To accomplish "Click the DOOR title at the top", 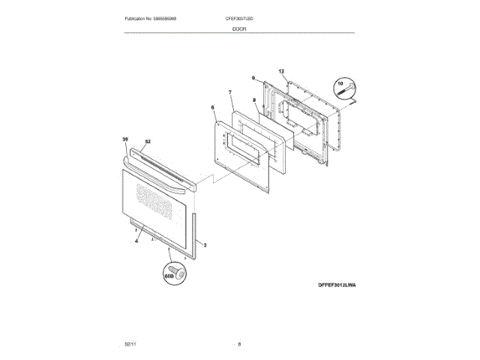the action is coord(239,28).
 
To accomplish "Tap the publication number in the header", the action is coord(156,18).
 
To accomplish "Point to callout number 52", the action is coord(148,142).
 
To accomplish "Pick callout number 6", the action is coord(212,107).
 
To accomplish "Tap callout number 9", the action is coord(253,78).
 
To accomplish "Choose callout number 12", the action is coord(282,71).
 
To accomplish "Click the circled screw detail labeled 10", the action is coord(346,89).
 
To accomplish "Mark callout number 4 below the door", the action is coord(136,241).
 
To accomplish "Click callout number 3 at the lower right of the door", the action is coord(205,245).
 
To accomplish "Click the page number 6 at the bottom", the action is coord(239,343).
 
